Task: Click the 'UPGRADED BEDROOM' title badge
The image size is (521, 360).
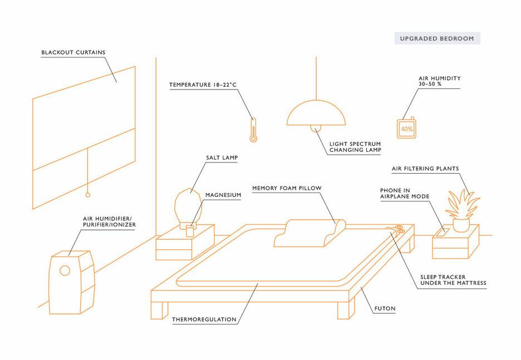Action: pyautogui.click(x=438, y=38)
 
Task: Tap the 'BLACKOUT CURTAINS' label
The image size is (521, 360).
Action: pyautogui.click(x=73, y=52)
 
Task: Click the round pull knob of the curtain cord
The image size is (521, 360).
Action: pyautogui.click(x=88, y=195)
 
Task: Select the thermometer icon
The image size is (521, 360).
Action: pyautogui.click(x=253, y=130)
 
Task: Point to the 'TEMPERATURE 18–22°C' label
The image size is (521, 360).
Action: pyautogui.click(x=203, y=85)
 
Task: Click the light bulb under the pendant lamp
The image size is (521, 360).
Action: pyautogui.click(x=316, y=128)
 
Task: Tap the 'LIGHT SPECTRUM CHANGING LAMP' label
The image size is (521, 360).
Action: pyautogui.click(x=355, y=147)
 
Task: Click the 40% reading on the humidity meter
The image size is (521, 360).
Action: pyautogui.click(x=407, y=129)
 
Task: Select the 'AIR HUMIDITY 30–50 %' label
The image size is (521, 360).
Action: pyautogui.click(x=439, y=81)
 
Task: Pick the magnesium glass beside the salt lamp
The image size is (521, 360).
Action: pyautogui.click(x=190, y=231)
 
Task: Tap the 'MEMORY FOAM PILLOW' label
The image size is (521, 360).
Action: pyautogui.click(x=287, y=188)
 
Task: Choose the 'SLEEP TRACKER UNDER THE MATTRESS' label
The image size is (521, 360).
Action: pyautogui.click(x=453, y=280)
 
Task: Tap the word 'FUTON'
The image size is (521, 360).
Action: pyautogui.click(x=385, y=308)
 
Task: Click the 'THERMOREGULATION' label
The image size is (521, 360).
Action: pyautogui.click(x=204, y=320)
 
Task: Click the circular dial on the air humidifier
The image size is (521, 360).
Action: pyautogui.click(x=65, y=270)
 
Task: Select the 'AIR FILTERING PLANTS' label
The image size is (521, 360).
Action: pyautogui.click(x=425, y=169)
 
